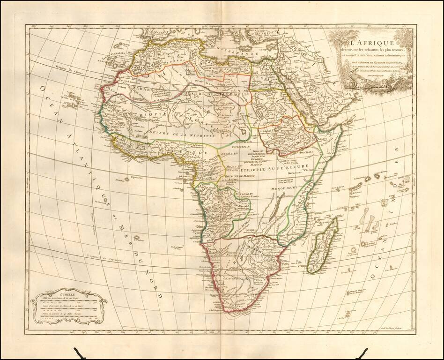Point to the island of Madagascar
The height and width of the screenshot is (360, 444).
coord(322,246)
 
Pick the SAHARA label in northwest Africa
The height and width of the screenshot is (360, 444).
coord(141,88)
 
